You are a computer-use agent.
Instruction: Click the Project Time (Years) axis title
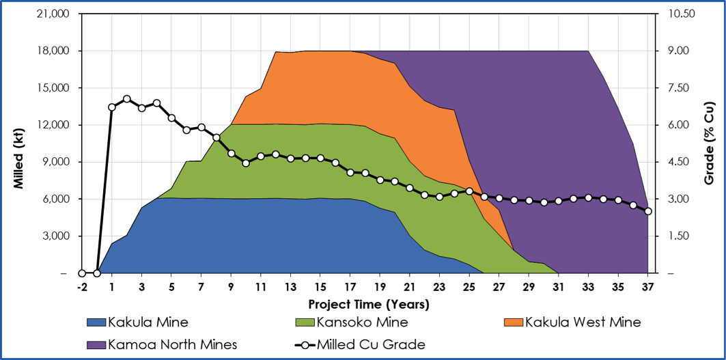pos(369,303)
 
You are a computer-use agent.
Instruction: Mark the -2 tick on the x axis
pos(82,286)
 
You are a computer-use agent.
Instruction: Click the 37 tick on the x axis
pos(648,286)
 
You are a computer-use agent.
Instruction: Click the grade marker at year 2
pos(127,99)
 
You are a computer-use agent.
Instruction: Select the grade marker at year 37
pos(648,211)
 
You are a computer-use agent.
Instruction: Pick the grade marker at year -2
pos(82,273)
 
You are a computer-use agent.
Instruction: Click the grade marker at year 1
pos(112,107)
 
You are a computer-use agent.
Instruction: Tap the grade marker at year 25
pos(469,191)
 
